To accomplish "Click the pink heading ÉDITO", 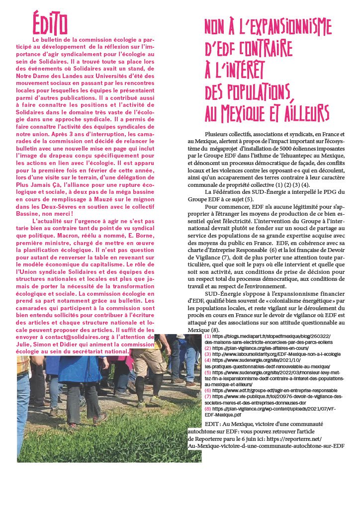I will click(50, 24).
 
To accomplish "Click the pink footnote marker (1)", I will click(207, 337).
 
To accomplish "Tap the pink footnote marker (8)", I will click(207, 408).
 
